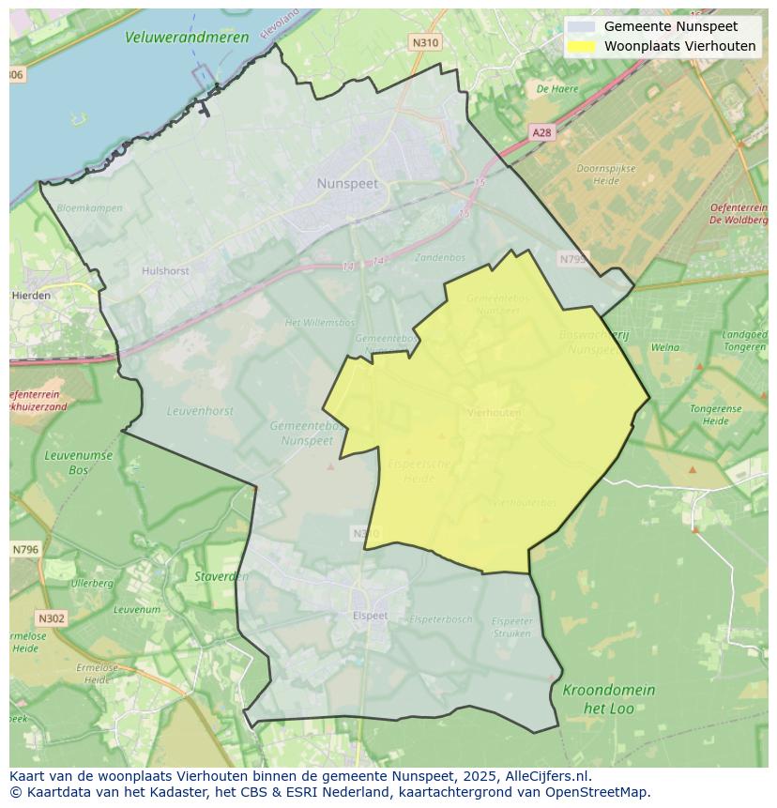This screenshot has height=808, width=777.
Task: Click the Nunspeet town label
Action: tap(347, 184)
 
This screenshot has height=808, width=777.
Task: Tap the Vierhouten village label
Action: tap(494, 412)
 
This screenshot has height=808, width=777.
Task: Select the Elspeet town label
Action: tap(370, 616)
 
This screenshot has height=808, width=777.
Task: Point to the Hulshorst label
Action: tap(165, 270)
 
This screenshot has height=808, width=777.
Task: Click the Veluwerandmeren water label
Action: tap(187, 38)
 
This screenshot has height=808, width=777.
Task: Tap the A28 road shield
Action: tap(541, 133)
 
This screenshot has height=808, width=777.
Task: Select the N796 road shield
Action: tap(25, 549)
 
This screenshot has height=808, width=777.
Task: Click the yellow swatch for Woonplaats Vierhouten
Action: tap(582, 46)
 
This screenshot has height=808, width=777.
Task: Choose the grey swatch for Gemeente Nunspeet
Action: tap(582, 26)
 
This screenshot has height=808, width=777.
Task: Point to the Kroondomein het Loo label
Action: tap(608, 699)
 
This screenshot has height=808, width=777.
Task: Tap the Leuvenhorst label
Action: tap(200, 411)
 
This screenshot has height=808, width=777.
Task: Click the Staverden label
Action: tap(221, 576)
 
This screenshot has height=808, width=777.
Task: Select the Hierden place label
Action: tap(32, 295)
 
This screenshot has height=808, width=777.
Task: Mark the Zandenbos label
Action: tap(439, 257)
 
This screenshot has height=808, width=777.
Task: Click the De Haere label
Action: tap(556, 89)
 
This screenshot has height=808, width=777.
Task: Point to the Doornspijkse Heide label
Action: tap(605, 175)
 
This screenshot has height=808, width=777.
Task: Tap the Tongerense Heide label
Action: tap(715, 415)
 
